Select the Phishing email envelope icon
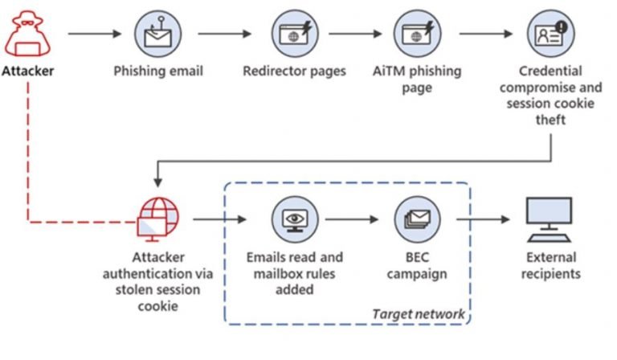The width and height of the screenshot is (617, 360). pos(157,34)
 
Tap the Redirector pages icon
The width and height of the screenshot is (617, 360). pos(294,34)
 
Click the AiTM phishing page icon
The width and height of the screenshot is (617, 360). pos(417,34)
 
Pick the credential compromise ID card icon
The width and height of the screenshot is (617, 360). pos(550,34)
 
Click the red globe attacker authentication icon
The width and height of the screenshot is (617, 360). pos(157,219)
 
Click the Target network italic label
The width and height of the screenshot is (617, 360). pos(418,313)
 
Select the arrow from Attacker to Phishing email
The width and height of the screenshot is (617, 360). pos(95,34)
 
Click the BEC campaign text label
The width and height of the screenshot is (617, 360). pos(417,265)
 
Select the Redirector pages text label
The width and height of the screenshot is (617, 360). pos(294,71)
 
